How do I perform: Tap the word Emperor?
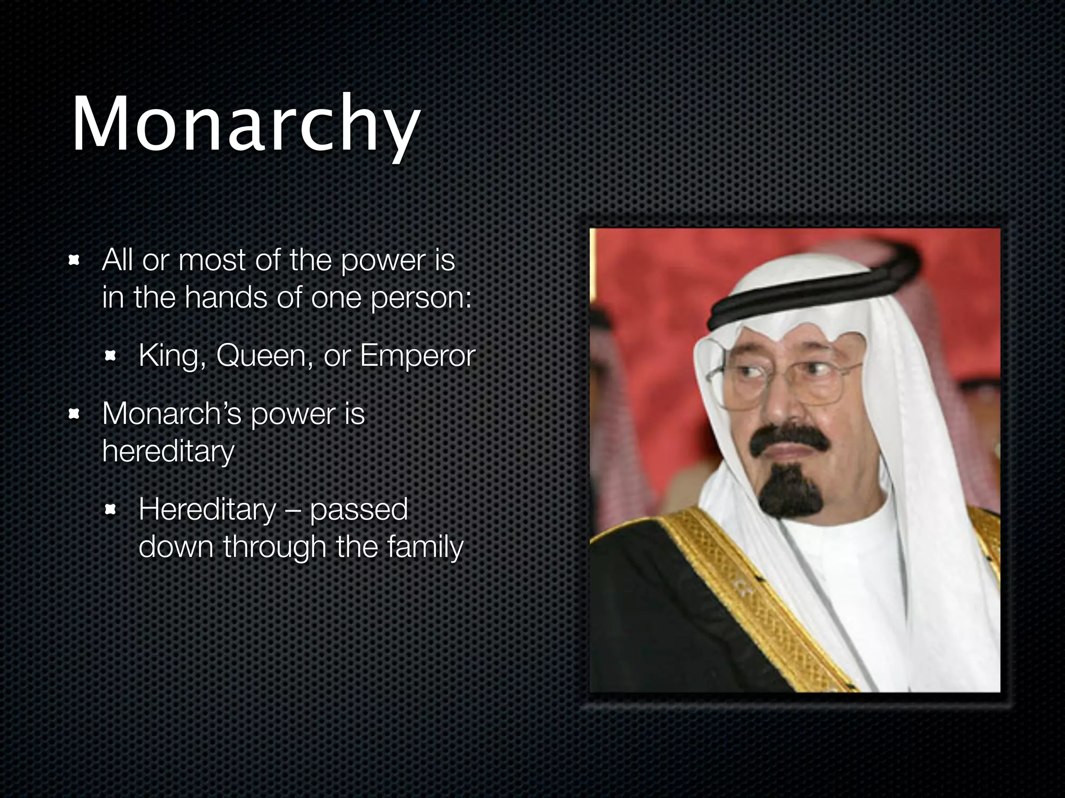click(418, 356)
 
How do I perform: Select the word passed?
click(359, 510)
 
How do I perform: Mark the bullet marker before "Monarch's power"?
click(74, 414)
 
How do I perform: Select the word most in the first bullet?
click(212, 260)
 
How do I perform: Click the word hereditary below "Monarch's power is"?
click(168, 451)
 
